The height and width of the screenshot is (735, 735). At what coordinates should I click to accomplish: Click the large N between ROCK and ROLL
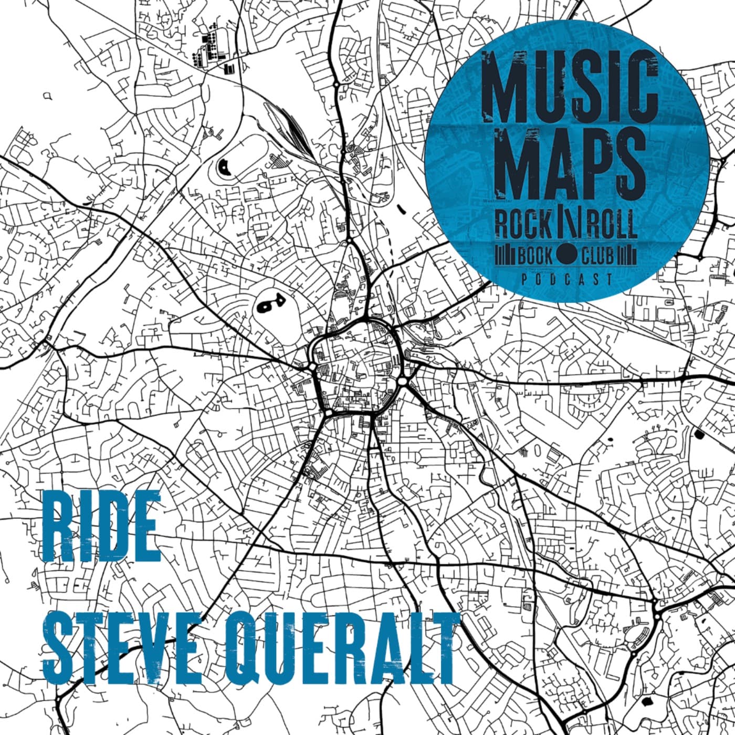[x=566, y=224]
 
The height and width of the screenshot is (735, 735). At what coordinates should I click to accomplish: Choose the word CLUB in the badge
[x=597, y=256]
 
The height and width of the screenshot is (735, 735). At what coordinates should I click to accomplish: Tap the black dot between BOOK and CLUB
[x=566, y=256]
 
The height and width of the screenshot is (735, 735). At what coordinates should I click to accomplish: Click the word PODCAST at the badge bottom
[x=566, y=280]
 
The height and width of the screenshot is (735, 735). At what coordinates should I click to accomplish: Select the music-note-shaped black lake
[x=267, y=304]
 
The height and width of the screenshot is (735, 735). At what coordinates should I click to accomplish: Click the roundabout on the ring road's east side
[x=403, y=381]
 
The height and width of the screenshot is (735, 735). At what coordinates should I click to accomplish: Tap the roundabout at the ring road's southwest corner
[x=328, y=414]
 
